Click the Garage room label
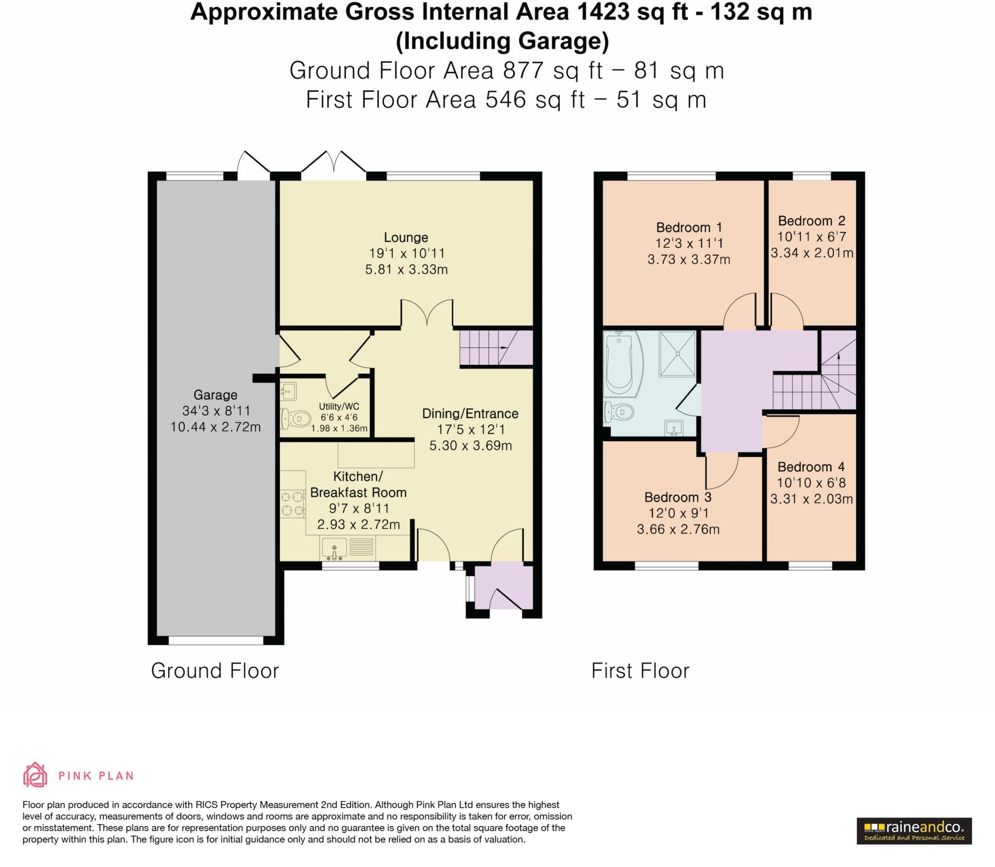[x=215, y=395]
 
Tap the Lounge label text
[x=406, y=238]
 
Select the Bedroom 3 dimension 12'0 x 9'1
[x=678, y=513]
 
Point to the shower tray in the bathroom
[x=677, y=354]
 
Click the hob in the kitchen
[x=292, y=503]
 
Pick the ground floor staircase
[x=496, y=347]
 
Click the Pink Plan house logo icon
[x=35, y=775]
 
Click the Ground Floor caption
[x=215, y=671]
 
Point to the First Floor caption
[x=640, y=671]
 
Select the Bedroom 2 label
[x=811, y=221]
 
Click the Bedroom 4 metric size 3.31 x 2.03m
[x=811, y=499]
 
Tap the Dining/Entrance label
[x=470, y=414]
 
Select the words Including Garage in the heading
[x=502, y=41]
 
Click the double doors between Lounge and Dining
[x=427, y=313]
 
